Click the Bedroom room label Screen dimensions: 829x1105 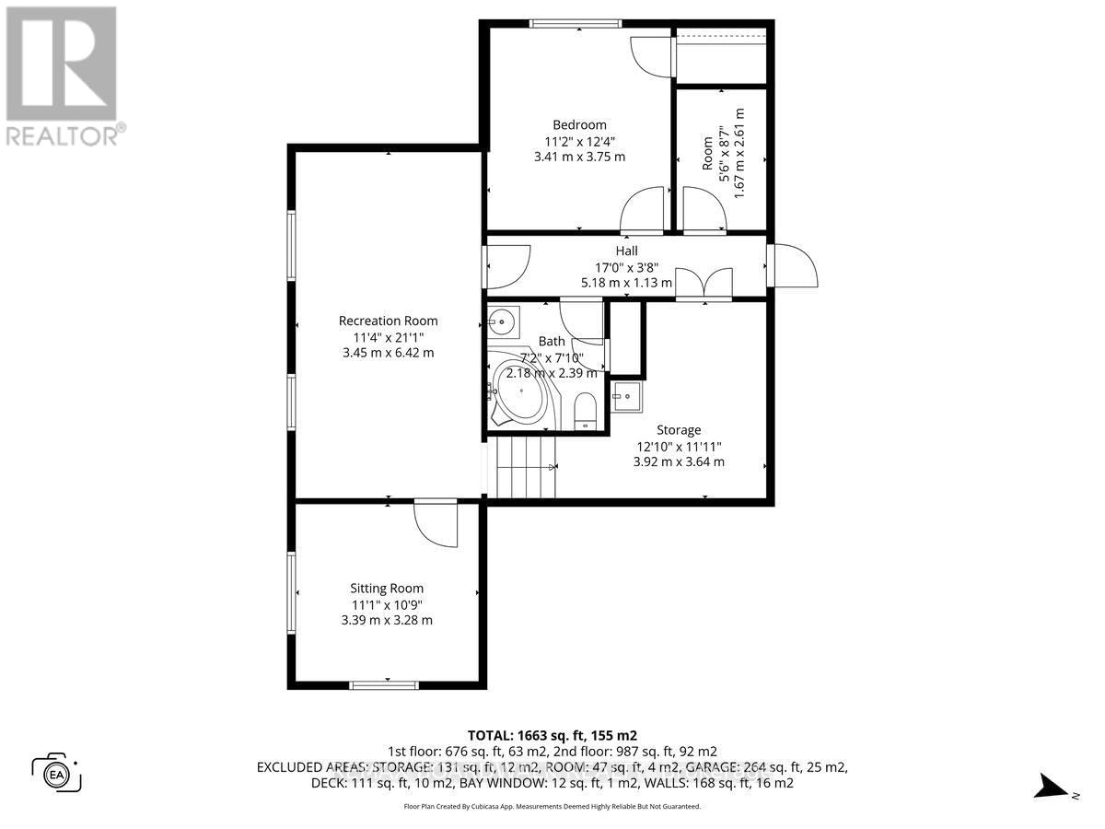(579, 125)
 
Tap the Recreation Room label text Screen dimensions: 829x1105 (388, 321)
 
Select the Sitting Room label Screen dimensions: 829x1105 (387, 589)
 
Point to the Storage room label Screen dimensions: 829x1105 (679, 429)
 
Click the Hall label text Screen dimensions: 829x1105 (626, 251)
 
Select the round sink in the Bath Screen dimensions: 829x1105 (502, 321)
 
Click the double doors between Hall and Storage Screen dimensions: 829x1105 (704, 285)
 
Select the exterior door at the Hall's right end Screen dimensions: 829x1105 (792, 265)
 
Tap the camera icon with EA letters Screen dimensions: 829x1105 (57, 772)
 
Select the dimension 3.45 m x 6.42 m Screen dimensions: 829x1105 (388, 353)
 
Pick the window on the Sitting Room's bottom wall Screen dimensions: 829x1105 (384, 684)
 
